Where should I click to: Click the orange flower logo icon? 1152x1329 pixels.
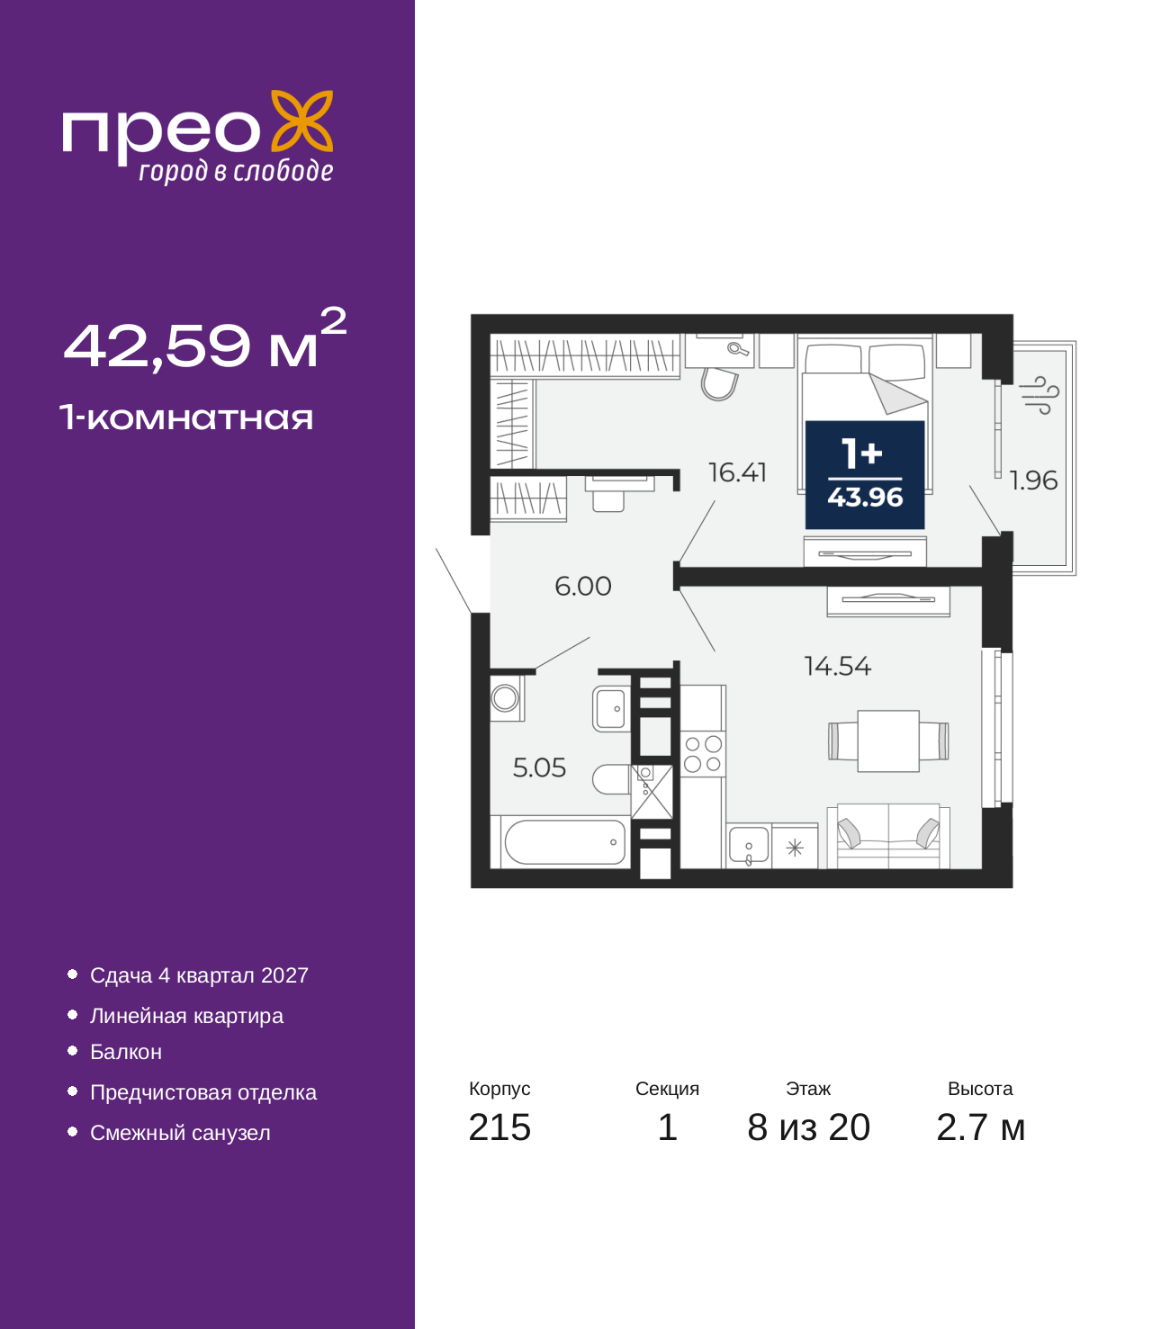click(301, 121)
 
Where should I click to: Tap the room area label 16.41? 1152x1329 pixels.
click(737, 472)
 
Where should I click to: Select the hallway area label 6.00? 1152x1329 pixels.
click(583, 586)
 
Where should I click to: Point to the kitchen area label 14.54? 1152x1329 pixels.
click(838, 666)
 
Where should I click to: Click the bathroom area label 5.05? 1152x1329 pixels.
click(539, 767)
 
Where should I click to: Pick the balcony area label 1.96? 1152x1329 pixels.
click(1033, 480)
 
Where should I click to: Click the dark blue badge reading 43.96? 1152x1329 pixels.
click(865, 474)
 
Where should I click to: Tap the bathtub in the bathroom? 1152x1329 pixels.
click(564, 841)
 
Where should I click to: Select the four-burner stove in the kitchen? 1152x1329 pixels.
click(702, 753)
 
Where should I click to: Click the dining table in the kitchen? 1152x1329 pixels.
click(887, 741)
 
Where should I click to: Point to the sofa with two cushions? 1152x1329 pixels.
click(888, 836)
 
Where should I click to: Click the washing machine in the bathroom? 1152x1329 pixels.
click(506, 697)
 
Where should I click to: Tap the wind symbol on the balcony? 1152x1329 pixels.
click(1039, 395)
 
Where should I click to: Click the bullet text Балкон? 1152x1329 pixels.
click(125, 1052)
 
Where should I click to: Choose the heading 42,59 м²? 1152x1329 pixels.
click(205, 339)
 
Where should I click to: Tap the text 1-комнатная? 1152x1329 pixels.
click(186, 418)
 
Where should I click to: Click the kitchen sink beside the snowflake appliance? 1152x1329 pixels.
click(749, 846)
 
